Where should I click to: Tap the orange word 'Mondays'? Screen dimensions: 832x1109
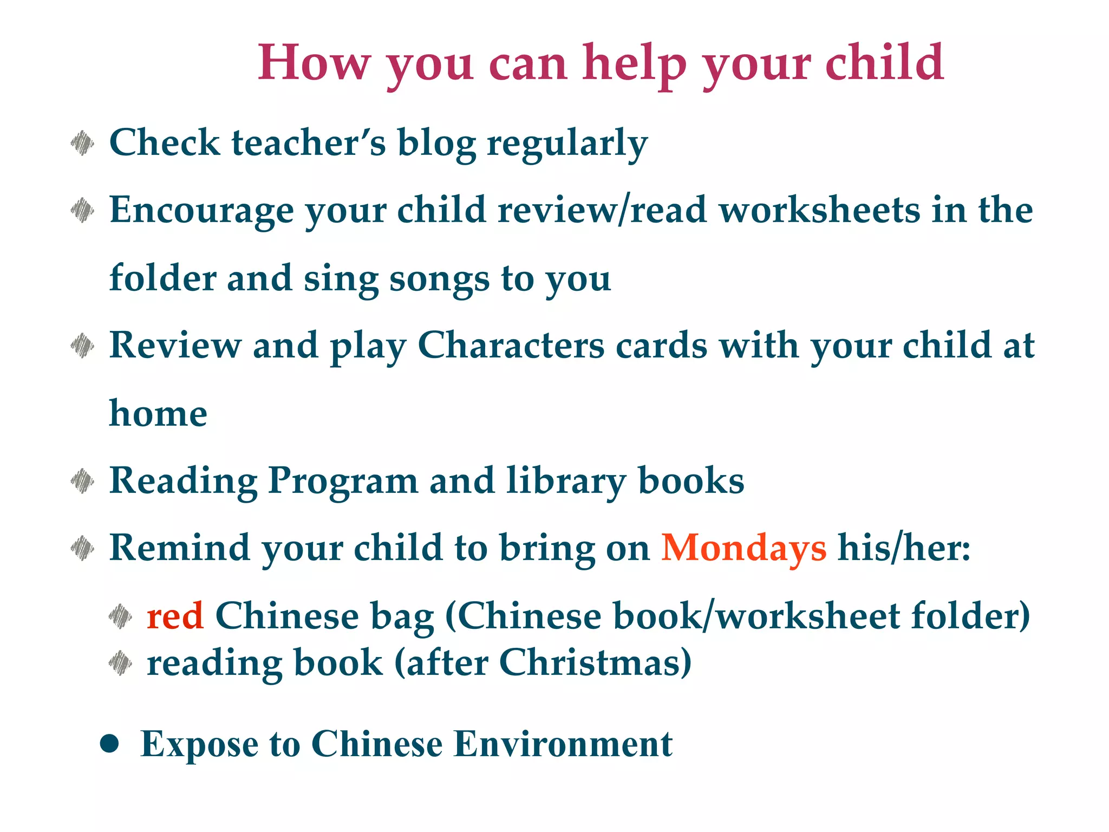pos(743,548)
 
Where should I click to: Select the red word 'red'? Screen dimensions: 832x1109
pos(175,616)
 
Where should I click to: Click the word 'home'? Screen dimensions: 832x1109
pos(158,414)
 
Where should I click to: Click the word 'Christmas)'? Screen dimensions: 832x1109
pos(595,663)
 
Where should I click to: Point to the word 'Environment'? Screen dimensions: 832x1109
pos(563,744)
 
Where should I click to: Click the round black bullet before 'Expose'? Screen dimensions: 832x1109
pos(109,744)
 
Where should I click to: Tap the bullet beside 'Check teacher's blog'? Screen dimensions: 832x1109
pos(82,143)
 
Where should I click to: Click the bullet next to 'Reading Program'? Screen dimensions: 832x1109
pos(82,481)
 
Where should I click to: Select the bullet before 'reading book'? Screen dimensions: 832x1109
pos(120,663)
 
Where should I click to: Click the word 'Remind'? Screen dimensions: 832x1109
pos(179,548)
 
